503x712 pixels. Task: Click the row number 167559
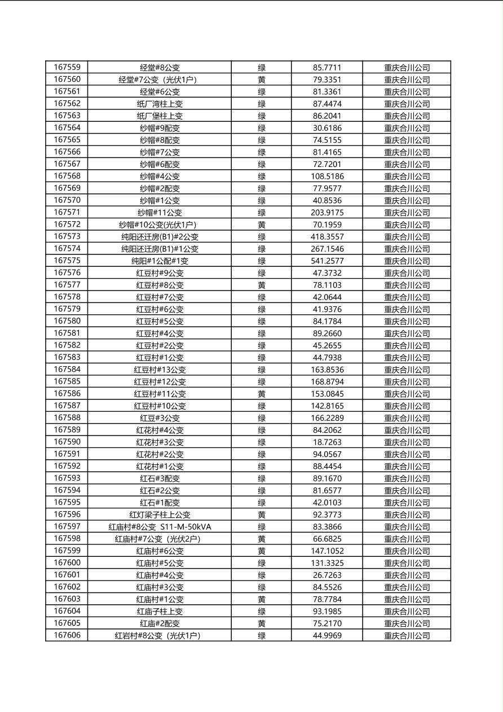coord(67,68)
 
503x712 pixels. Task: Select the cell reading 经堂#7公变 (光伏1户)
coord(160,80)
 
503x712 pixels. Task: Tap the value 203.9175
coord(327,213)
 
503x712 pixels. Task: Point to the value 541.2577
coord(327,261)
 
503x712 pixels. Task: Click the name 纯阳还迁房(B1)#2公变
coord(160,237)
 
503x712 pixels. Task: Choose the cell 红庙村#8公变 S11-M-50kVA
coord(160,527)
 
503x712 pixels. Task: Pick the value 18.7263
coord(327,442)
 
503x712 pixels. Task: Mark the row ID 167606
coord(67,636)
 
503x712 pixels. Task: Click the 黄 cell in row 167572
coord(262,225)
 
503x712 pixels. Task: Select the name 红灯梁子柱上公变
coord(160,515)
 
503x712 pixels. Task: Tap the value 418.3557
coord(327,237)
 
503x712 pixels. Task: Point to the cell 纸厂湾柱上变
coord(160,104)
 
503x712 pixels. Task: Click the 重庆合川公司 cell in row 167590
coord(407,442)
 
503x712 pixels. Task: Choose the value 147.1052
coord(327,551)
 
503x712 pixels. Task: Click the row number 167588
coord(67,418)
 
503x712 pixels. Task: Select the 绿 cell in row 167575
coord(262,261)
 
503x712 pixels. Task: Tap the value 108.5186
coord(327,176)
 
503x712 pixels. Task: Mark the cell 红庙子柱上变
coord(160,612)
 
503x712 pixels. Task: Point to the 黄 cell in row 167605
coord(262,623)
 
